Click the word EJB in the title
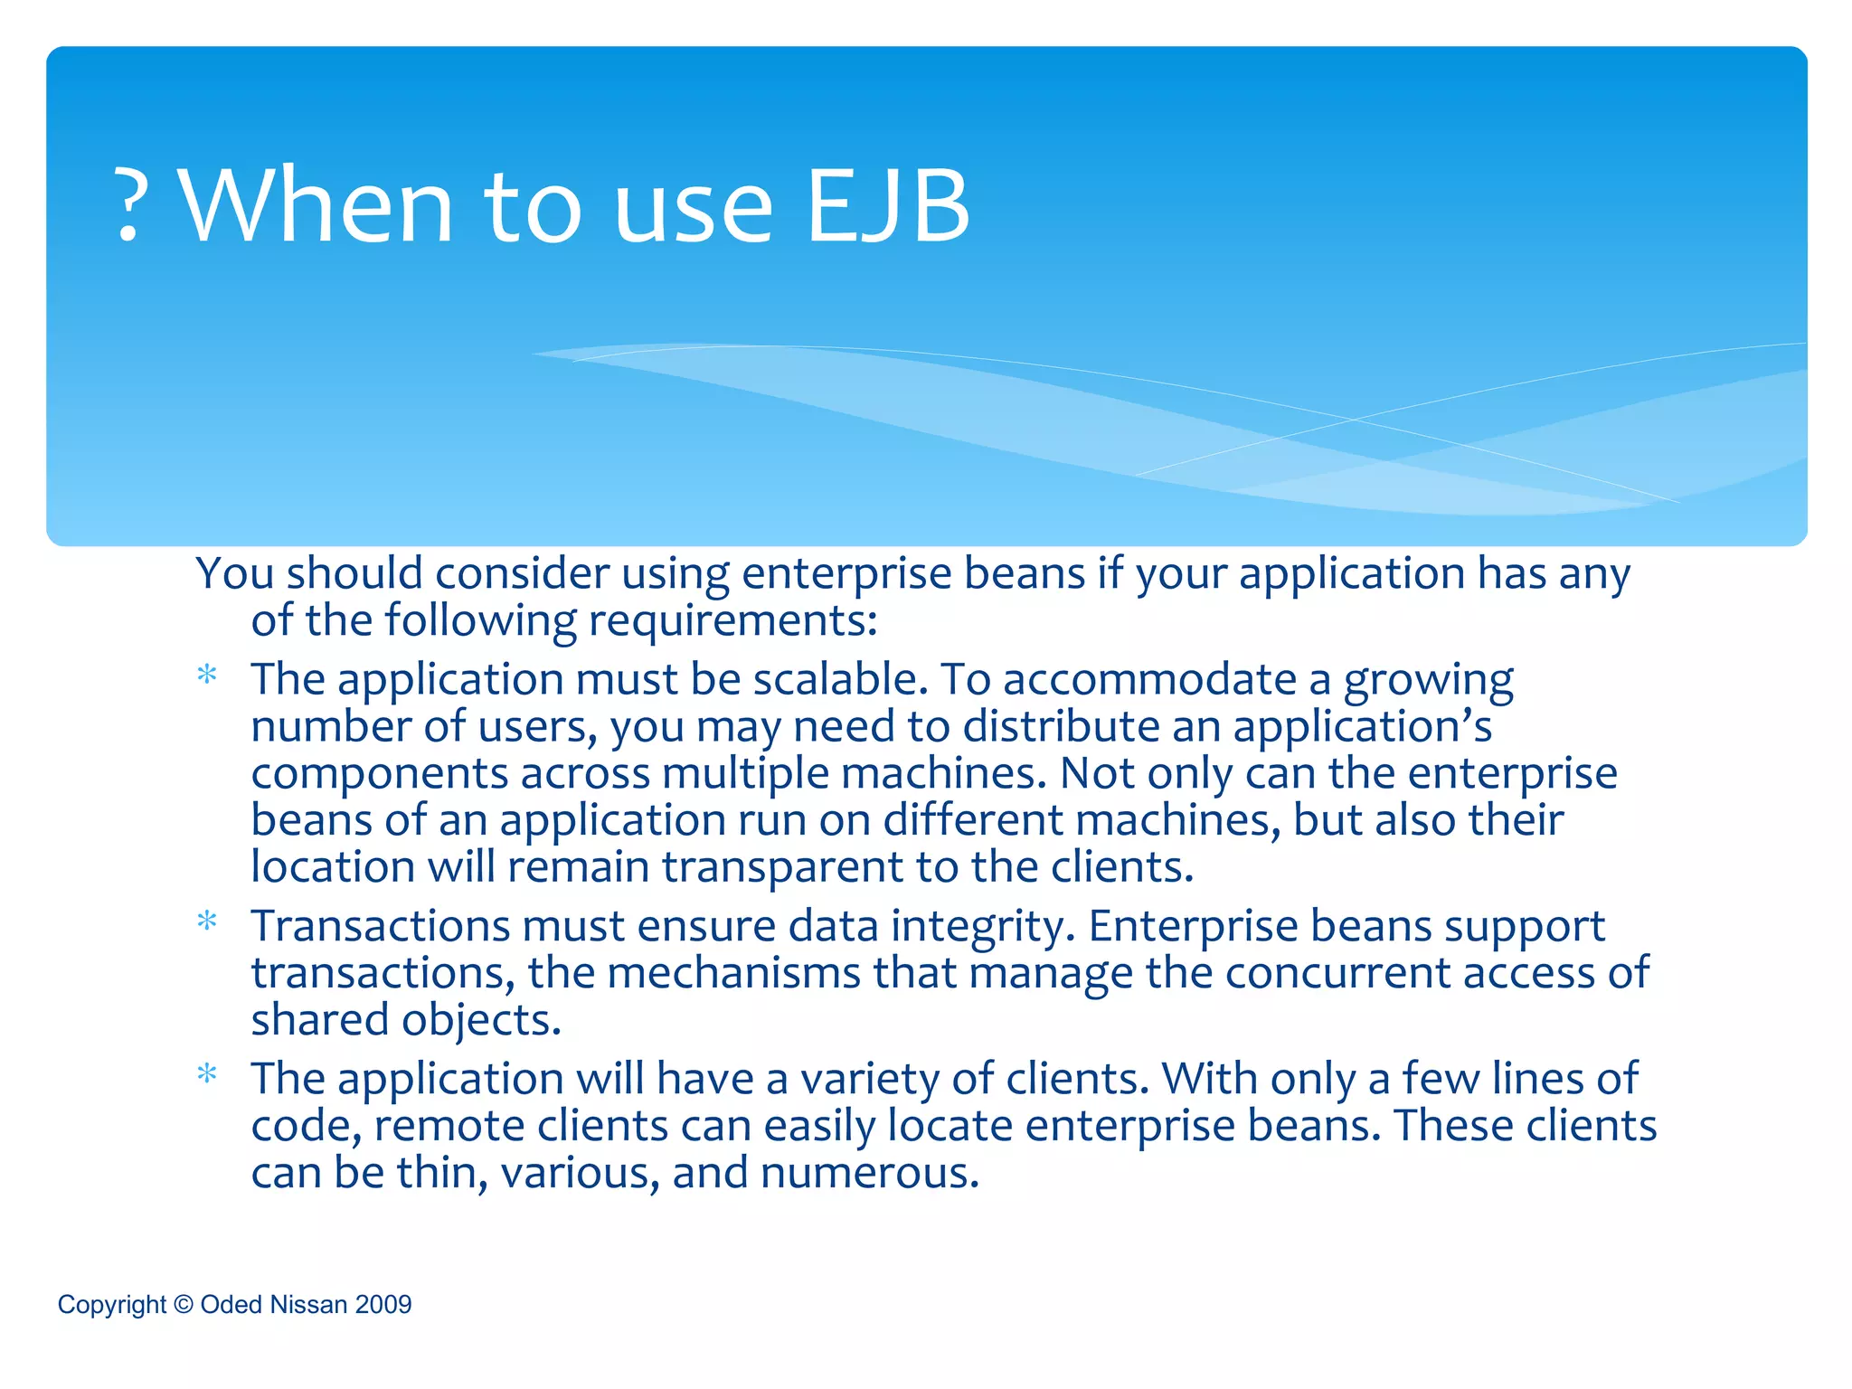coord(887,206)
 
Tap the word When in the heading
coord(317,206)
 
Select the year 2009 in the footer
coord(383,1304)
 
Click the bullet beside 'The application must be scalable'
coord(207,676)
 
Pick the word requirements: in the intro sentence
coord(732,621)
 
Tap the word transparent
coord(782,867)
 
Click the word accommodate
coord(1149,679)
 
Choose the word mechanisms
coord(733,973)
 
